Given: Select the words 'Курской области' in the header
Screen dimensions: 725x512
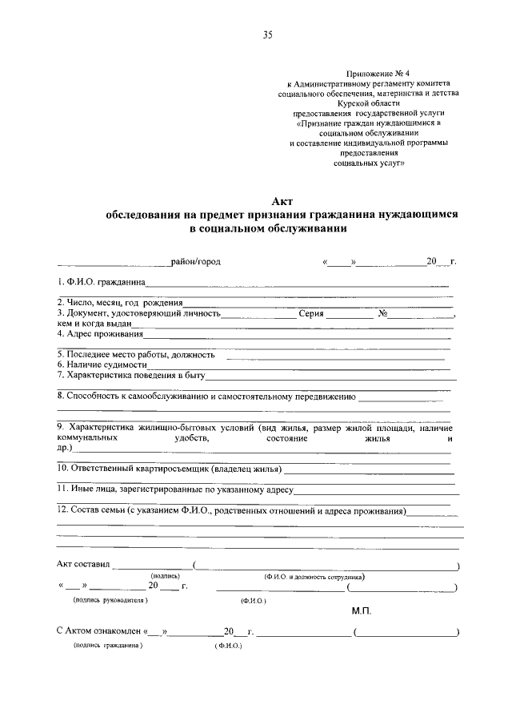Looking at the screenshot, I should pos(369,103).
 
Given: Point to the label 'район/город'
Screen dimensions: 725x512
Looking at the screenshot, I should pos(196,261).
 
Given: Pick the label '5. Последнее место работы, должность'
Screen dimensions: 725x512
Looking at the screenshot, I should pos(136,354).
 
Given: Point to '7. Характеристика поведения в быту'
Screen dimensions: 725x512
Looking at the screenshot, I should pos(132,374).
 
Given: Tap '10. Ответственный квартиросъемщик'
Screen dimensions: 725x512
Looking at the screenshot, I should pos(132,468).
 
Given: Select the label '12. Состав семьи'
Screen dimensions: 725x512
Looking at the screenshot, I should pos(92,510).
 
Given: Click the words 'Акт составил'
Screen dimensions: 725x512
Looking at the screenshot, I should pos(84,564).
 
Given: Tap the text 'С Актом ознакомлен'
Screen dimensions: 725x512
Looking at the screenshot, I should pos(99,631).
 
